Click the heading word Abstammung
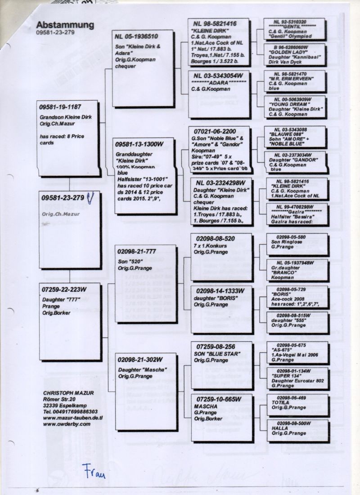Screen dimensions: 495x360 [65, 25]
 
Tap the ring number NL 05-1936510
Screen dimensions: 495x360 [137, 36]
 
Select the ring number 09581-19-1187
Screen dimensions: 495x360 [60, 107]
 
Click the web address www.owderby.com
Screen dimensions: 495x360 [67, 424]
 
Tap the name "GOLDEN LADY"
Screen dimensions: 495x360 [284, 53]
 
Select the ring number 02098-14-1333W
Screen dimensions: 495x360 [218, 290]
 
